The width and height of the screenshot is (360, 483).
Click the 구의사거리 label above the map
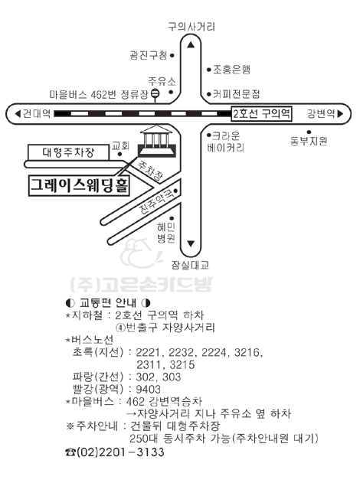pos(191,27)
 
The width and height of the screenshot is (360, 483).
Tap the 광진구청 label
pos(149,55)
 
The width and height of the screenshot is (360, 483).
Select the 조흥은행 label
pos(231,70)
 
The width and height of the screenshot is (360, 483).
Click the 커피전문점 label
pos(237,93)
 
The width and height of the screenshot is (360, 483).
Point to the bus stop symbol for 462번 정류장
pos(155,94)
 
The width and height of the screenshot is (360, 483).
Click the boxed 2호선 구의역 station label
pos(261,113)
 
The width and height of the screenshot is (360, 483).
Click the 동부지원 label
pos(309,141)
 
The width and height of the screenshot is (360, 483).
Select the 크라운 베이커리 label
pos(226,142)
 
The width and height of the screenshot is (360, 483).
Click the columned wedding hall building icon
pos(156,141)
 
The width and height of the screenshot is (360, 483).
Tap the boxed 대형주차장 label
pos(68,152)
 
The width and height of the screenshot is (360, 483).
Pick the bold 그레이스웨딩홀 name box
pos(79,186)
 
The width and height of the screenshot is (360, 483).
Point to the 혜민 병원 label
pos(166,233)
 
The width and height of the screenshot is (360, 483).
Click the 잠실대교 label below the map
pos(190,265)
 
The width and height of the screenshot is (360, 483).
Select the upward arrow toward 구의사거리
pos(191,45)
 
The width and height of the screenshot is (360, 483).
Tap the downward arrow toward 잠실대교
pos(191,244)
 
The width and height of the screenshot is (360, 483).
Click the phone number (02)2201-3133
pos(115,452)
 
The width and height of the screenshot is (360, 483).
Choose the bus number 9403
pos(149,389)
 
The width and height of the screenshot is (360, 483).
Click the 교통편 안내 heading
pos(108,303)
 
